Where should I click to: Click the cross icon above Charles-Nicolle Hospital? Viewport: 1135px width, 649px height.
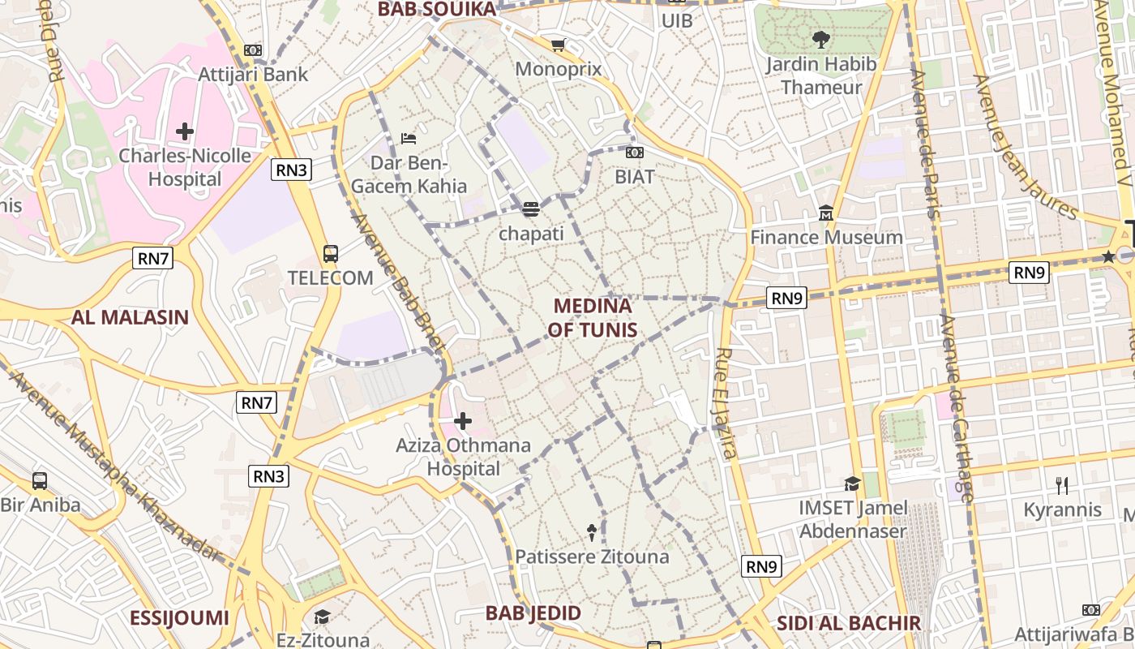click(x=185, y=131)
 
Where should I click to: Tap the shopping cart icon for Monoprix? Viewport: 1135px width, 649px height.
click(x=558, y=45)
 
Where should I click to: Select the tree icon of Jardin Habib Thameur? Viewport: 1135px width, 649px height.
click(x=820, y=39)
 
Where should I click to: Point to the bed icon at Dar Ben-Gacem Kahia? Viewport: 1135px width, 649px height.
click(x=409, y=139)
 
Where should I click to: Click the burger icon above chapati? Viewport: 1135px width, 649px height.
click(x=531, y=209)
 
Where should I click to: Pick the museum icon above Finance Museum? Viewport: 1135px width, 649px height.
click(x=826, y=213)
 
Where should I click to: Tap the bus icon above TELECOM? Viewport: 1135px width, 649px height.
click(x=331, y=254)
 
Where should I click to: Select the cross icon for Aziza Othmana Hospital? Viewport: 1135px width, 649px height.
click(x=463, y=421)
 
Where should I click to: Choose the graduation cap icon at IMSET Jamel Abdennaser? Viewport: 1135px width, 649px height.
click(x=852, y=484)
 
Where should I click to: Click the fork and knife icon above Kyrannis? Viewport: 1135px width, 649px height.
click(x=1062, y=485)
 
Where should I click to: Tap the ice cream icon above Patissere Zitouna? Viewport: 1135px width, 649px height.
click(x=592, y=533)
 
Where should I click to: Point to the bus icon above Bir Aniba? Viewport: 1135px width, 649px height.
click(x=39, y=480)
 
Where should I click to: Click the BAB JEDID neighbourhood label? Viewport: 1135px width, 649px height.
click(x=533, y=613)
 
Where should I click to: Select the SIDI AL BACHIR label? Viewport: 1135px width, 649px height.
click(x=849, y=623)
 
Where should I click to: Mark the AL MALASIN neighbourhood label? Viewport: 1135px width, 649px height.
click(x=130, y=317)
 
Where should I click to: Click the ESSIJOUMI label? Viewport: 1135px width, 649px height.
click(x=179, y=618)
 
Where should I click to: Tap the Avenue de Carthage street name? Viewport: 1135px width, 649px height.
click(x=956, y=406)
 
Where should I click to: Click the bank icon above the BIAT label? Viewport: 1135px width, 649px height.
click(x=635, y=152)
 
